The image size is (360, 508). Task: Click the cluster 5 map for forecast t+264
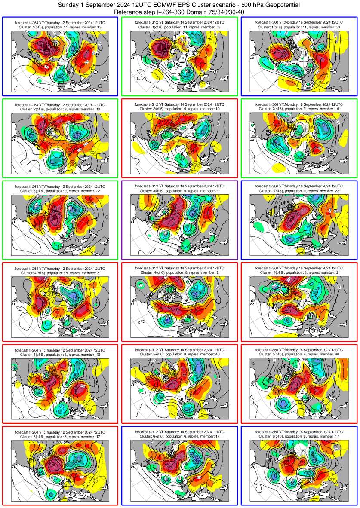click(60, 389)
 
